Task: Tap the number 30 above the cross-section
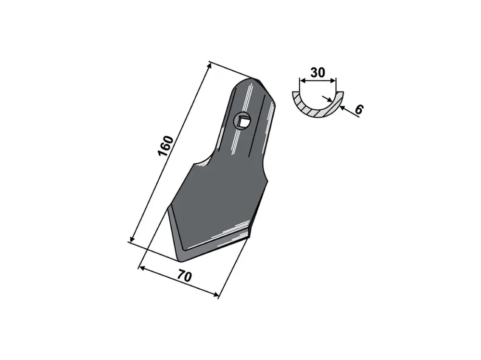(x=317, y=73)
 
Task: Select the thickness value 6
(x=359, y=110)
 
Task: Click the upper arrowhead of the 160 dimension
(x=209, y=65)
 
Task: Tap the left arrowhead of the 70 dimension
(x=141, y=268)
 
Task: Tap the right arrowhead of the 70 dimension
(x=216, y=295)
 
